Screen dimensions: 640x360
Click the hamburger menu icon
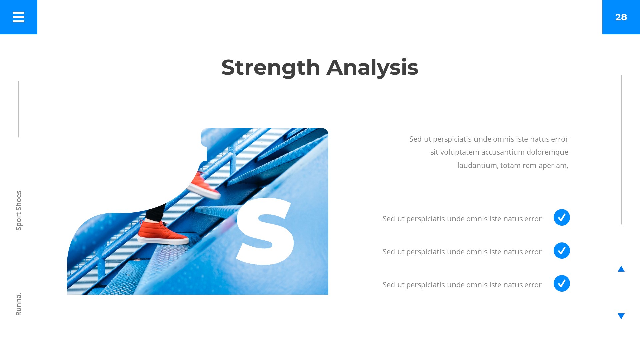point(18,17)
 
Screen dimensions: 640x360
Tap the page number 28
point(621,17)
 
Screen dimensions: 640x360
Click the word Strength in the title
point(271,68)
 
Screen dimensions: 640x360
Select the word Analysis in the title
point(372,68)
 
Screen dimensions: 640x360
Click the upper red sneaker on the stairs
point(204,186)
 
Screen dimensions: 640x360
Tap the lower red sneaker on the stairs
point(163,233)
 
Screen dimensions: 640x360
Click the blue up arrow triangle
point(621,269)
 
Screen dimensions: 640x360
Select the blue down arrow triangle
point(621,316)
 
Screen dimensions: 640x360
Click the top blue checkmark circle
point(562,217)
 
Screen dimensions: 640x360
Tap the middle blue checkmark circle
point(562,250)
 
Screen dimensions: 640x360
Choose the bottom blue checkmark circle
point(562,283)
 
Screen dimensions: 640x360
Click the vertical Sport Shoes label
point(19,210)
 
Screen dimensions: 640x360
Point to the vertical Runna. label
point(19,304)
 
